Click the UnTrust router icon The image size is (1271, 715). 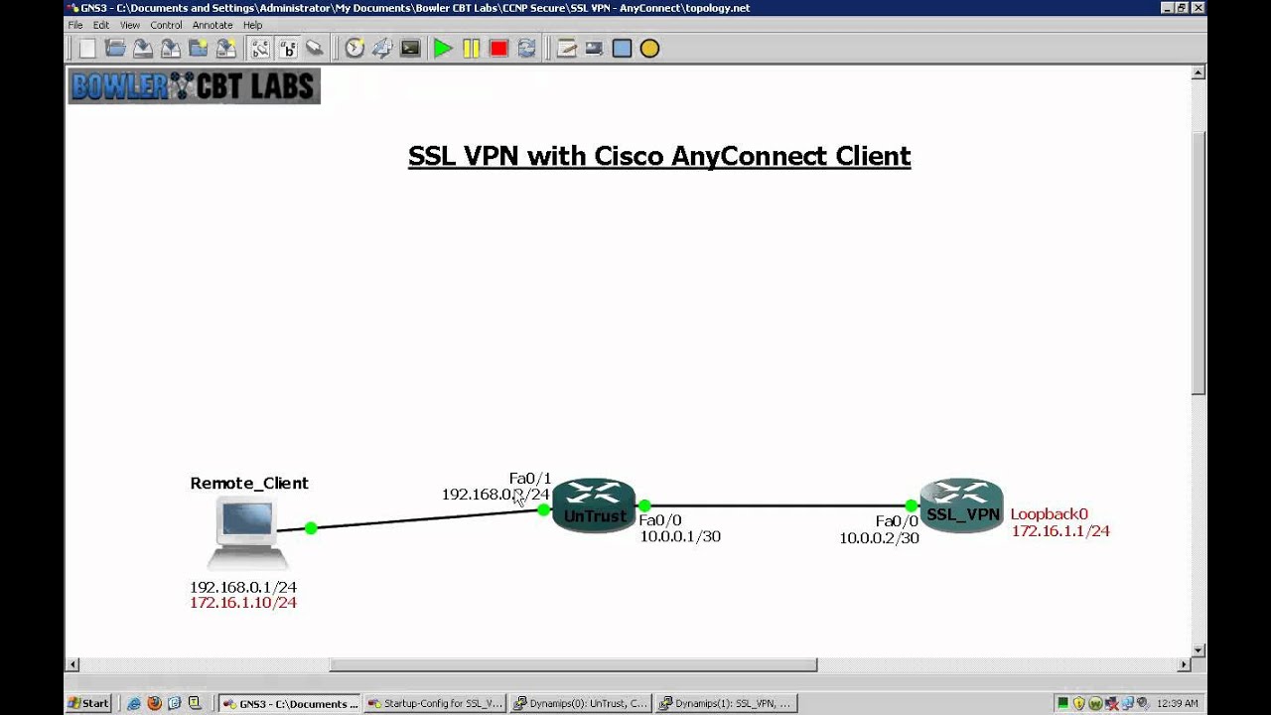593,505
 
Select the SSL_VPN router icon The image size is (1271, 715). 961,505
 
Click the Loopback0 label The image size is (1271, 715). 1049,514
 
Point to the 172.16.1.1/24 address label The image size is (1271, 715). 1060,531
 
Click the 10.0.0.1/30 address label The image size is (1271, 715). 680,536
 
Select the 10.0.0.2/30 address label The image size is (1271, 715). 879,538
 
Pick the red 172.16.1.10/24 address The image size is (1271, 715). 243,603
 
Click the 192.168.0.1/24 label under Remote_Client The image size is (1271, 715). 243,587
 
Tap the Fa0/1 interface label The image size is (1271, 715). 530,479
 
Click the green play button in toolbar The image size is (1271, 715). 443,49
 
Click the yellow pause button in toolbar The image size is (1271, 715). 471,49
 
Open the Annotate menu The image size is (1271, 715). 212,25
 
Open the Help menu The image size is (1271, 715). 252,25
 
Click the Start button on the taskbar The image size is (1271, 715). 88,703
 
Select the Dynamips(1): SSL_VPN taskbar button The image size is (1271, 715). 726,703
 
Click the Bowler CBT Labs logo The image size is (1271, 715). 194,86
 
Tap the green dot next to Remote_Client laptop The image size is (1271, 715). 311,528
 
